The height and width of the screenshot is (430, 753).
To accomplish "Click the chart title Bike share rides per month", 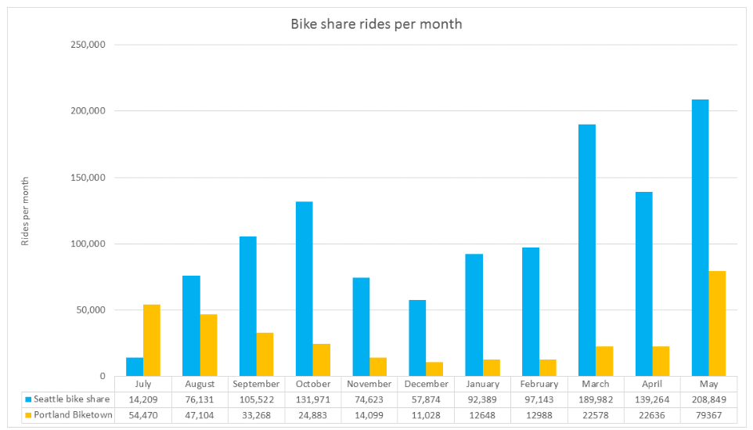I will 376,24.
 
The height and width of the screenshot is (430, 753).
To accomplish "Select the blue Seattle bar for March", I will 587,250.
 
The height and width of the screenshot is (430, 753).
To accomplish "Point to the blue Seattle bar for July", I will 135,367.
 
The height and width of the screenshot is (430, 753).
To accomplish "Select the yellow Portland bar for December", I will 434,369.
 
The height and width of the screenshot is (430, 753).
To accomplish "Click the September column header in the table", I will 256,385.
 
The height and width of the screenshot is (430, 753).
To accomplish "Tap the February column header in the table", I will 539,385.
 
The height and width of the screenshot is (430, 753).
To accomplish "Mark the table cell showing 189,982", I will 596,399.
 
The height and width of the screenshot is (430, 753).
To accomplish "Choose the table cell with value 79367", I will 709,414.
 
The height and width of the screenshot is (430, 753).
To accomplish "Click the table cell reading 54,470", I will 143,414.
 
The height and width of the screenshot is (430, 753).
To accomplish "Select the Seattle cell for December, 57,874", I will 426,399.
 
